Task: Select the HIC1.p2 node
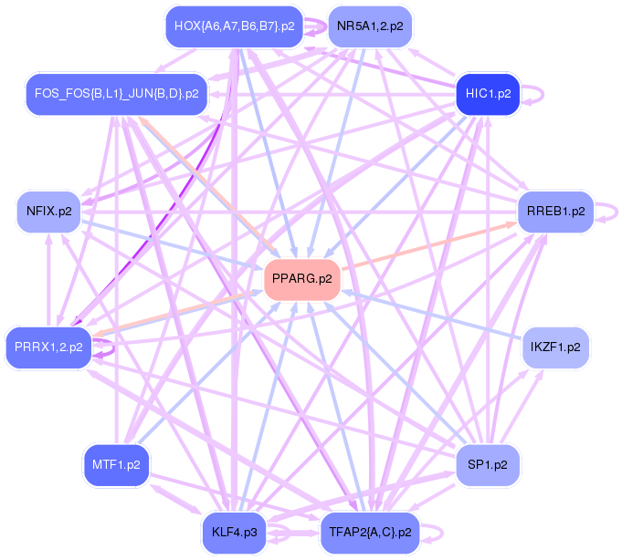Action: (488, 93)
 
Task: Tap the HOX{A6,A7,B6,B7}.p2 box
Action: (234, 26)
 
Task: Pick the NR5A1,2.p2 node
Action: (369, 26)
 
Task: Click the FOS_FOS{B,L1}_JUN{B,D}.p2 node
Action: (116, 93)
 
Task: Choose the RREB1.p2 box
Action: (555, 211)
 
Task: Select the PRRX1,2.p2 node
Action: (49, 347)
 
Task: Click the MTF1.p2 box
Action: (116, 464)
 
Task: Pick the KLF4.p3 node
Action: (234, 532)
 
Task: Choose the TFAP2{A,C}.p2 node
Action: (369, 532)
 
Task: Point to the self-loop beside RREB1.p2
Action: (613, 211)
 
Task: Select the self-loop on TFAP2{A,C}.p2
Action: (440, 532)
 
